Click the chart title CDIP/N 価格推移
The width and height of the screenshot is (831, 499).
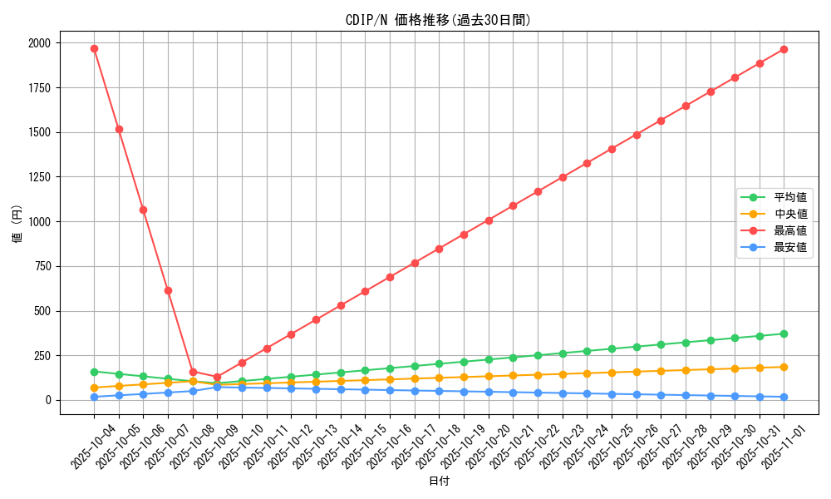point(438,20)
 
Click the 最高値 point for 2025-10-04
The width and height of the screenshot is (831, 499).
point(94,48)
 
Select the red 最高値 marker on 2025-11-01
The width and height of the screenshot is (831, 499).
point(784,49)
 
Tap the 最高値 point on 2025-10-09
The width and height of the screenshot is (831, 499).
point(217,378)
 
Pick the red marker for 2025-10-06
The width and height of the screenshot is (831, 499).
point(143,210)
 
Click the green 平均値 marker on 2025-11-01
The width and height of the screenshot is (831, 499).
point(784,333)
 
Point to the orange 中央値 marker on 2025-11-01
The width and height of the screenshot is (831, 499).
point(784,367)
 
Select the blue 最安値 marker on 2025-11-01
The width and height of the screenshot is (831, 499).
point(784,397)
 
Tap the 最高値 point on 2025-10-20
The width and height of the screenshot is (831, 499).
point(489,220)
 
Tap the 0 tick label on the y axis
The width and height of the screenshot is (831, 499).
point(47,400)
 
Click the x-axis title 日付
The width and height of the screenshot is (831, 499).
point(439,482)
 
